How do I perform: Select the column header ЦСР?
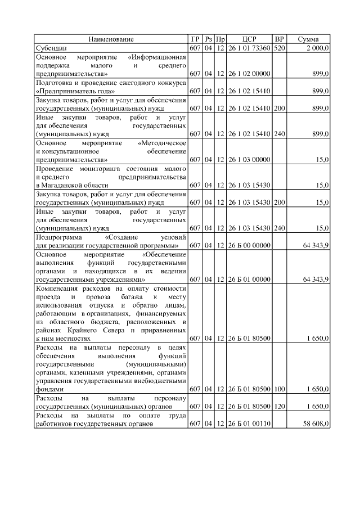click(249, 39)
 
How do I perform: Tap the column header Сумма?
click(308, 39)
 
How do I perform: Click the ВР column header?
click(279, 39)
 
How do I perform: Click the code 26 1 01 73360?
click(249, 48)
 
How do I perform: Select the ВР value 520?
click(279, 48)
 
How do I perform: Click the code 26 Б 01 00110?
click(249, 424)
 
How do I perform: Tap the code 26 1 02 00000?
click(249, 74)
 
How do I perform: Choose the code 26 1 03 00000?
click(249, 160)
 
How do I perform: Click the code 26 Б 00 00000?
click(249, 245)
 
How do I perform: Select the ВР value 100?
click(279, 389)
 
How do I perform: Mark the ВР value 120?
click(279, 406)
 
